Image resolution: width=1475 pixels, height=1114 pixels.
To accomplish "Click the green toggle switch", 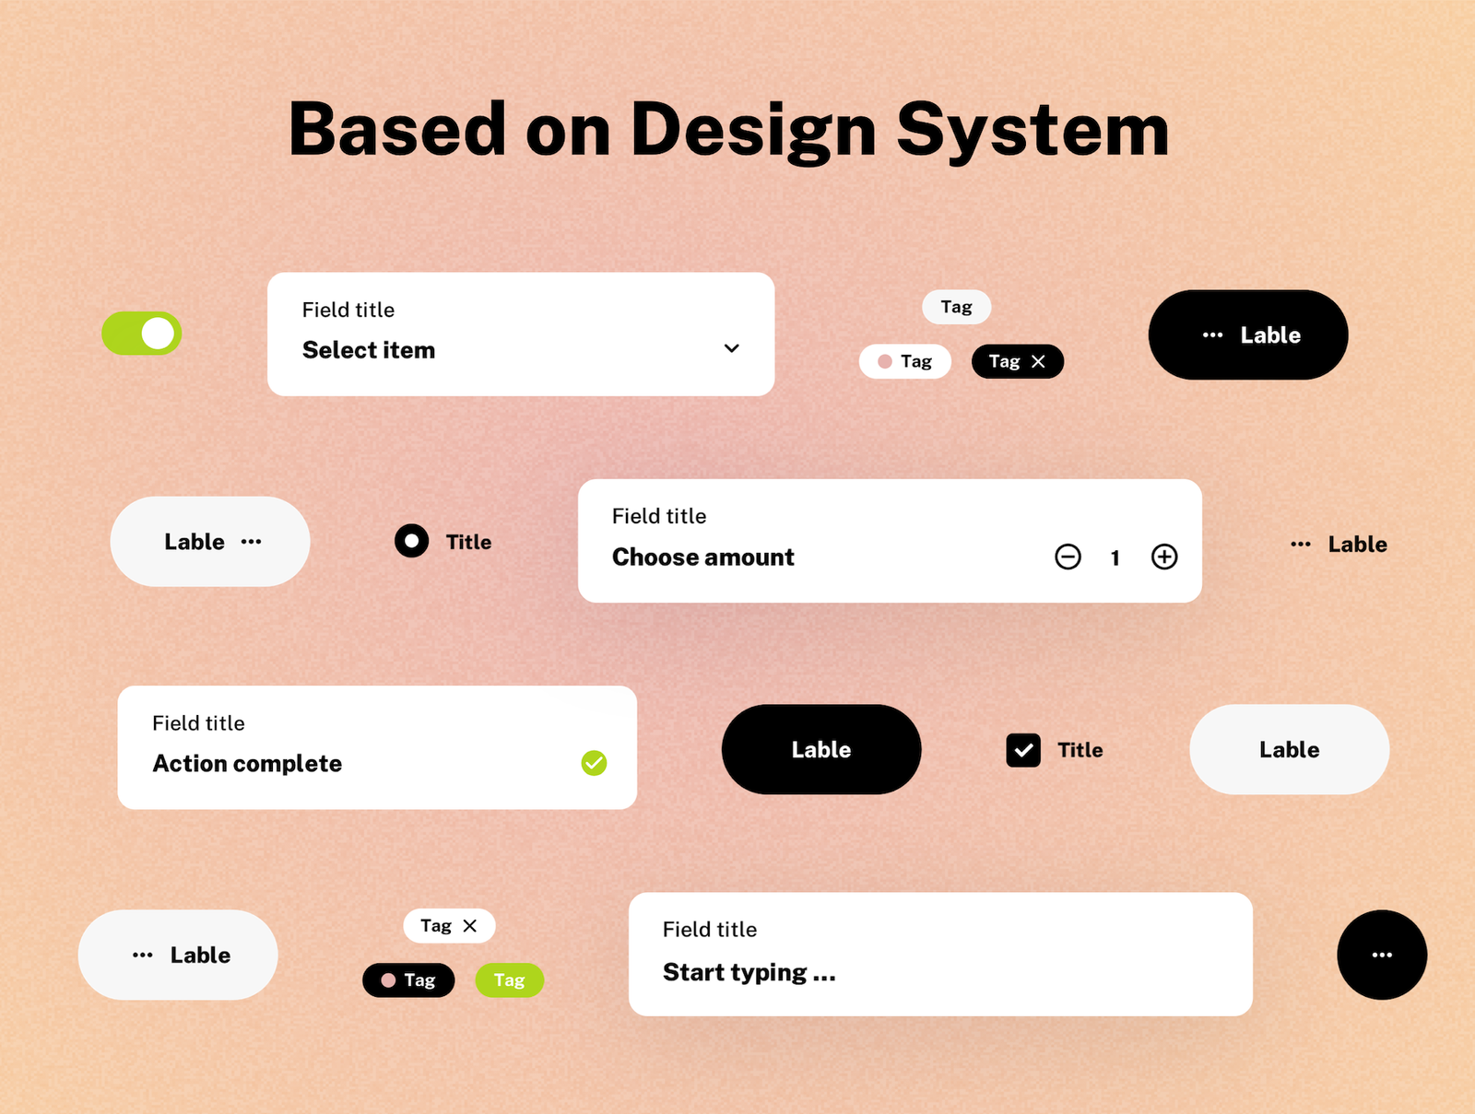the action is pyautogui.click(x=142, y=333).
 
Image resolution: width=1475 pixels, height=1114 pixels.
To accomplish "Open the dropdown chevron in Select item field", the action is pyautogui.click(x=731, y=348).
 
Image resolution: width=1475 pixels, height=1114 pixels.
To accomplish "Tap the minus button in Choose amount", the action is pyautogui.click(x=1068, y=557).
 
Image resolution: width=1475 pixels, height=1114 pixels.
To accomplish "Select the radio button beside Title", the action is pyautogui.click(x=411, y=541).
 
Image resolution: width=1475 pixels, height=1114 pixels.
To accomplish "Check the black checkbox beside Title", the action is pyautogui.click(x=1022, y=750).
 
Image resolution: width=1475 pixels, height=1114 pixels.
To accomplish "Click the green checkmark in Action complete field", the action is pyautogui.click(x=594, y=763).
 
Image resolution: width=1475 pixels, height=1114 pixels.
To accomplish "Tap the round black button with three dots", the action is pyautogui.click(x=1382, y=955).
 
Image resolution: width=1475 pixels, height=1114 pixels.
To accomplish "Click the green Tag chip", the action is pyautogui.click(x=510, y=980).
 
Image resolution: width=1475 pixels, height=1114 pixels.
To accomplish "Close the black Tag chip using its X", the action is pyautogui.click(x=1038, y=362).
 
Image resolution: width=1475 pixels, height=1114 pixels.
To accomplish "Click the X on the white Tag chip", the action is pyautogui.click(x=470, y=926).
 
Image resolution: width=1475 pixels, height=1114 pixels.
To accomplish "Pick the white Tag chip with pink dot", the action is pyautogui.click(x=904, y=362).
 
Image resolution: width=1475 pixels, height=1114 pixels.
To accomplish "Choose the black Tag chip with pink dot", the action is pyautogui.click(x=408, y=980).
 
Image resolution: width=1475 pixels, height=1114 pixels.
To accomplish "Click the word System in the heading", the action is pyautogui.click(x=1032, y=131).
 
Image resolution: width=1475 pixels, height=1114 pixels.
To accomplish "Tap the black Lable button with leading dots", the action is pyautogui.click(x=1248, y=335).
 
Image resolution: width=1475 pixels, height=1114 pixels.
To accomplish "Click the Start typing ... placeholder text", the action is pyautogui.click(x=749, y=973).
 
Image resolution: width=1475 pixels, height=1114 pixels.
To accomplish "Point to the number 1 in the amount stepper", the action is pyautogui.click(x=1115, y=558).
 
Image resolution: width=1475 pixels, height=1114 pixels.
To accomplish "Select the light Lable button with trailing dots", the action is pyautogui.click(x=210, y=542).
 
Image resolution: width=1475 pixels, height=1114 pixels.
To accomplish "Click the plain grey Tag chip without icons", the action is pyautogui.click(x=956, y=308).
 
